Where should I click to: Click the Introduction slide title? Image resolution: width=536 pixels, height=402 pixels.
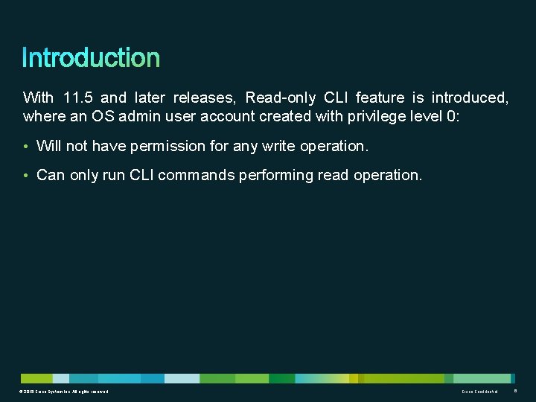point(91,58)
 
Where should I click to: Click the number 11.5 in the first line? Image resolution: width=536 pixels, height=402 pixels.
point(78,98)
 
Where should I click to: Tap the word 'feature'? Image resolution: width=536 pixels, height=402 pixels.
point(380,98)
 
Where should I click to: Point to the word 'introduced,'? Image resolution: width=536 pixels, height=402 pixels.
point(470,98)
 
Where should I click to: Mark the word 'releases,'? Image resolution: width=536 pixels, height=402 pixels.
point(205,98)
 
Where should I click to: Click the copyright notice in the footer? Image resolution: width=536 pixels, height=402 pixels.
point(65,392)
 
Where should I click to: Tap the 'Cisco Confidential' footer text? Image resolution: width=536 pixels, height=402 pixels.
point(479,392)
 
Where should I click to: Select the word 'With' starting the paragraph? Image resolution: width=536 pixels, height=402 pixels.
point(38,98)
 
